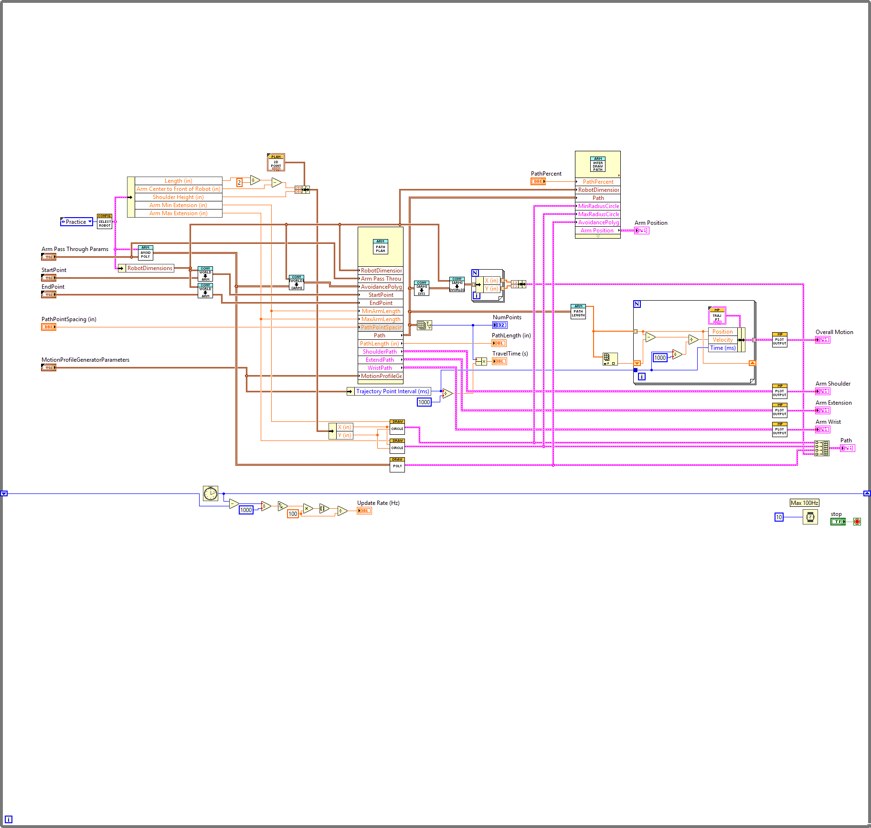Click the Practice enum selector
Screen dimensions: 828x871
pyautogui.click(x=76, y=222)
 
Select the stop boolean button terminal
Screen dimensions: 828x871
pyautogui.click(x=838, y=522)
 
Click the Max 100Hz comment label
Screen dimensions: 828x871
pyautogui.click(x=804, y=503)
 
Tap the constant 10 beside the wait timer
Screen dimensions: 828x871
pyautogui.click(x=779, y=517)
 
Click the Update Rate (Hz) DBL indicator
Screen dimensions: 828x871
pyautogui.click(x=364, y=511)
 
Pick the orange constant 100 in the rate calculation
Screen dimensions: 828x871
pyautogui.click(x=293, y=514)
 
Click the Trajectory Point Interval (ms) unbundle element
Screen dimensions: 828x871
pyautogui.click(x=393, y=391)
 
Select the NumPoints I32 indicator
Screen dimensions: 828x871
pyautogui.click(x=499, y=325)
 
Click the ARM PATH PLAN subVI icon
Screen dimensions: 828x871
pyautogui.click(x=380, y=247)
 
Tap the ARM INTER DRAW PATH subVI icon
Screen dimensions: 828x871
pyautogui.click(x=598, y=164)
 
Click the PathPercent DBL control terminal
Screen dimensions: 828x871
pyautogui.click(x=538, y=181)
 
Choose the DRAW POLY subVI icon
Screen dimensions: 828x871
pyautogui.click(x=397, y=465)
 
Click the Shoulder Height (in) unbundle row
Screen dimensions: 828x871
pyautogui.click(x=178, y=197)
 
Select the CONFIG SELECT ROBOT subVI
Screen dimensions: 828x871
pyautogui.click(x=105, y=222)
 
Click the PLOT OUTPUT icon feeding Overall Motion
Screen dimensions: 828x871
pyautogui.click(x=779, y=340)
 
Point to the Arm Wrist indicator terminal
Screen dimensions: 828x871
pyautogui.click(x=822, y=430)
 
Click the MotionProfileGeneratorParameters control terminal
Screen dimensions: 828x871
pyautogui.click(x=49, y=367)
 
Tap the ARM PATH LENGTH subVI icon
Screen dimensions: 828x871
pyautogui.click(x=578, y=312)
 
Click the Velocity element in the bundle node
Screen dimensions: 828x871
pyautogui.click(x=722, y=340)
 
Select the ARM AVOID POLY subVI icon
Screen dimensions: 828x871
pyautogui.click(x=145, y=252)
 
